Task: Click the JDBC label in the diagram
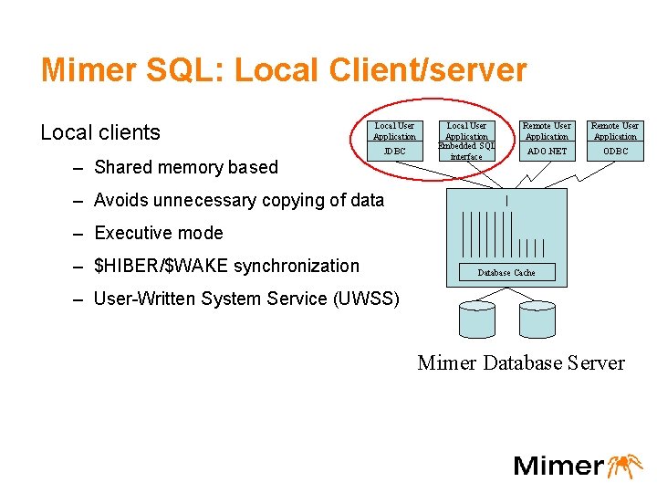pos(394,151)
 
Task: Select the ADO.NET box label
pos(547,151)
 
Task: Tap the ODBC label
pos(615,151)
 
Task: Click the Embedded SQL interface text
pos(466,151)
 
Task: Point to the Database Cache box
pos(506,273)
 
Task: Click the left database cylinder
pos(476,319)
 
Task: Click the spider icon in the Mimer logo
pos(625,465)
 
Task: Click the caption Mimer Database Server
pos(521,363)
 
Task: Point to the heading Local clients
pos(100,132)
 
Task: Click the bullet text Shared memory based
pos(186,167)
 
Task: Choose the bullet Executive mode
pos(159,233)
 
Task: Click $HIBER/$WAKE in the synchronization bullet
pos(162,266)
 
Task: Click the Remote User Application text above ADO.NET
pos(547,131)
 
